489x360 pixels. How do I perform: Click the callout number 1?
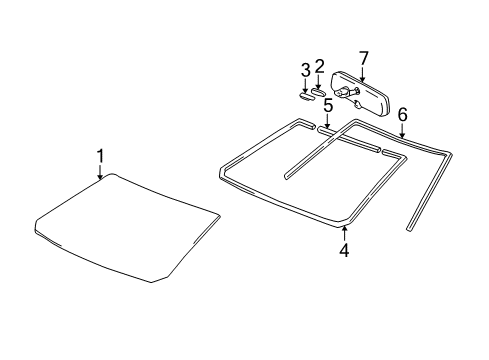click(100, 155)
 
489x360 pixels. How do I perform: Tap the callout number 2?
click(320, 67)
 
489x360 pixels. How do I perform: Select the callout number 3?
click(305, 70)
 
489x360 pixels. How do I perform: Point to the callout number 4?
click(343, 250)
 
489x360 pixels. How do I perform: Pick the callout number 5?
click(327, 104)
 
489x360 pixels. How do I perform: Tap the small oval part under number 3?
click(305, 97)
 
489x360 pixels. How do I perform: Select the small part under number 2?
click(321, 93)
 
